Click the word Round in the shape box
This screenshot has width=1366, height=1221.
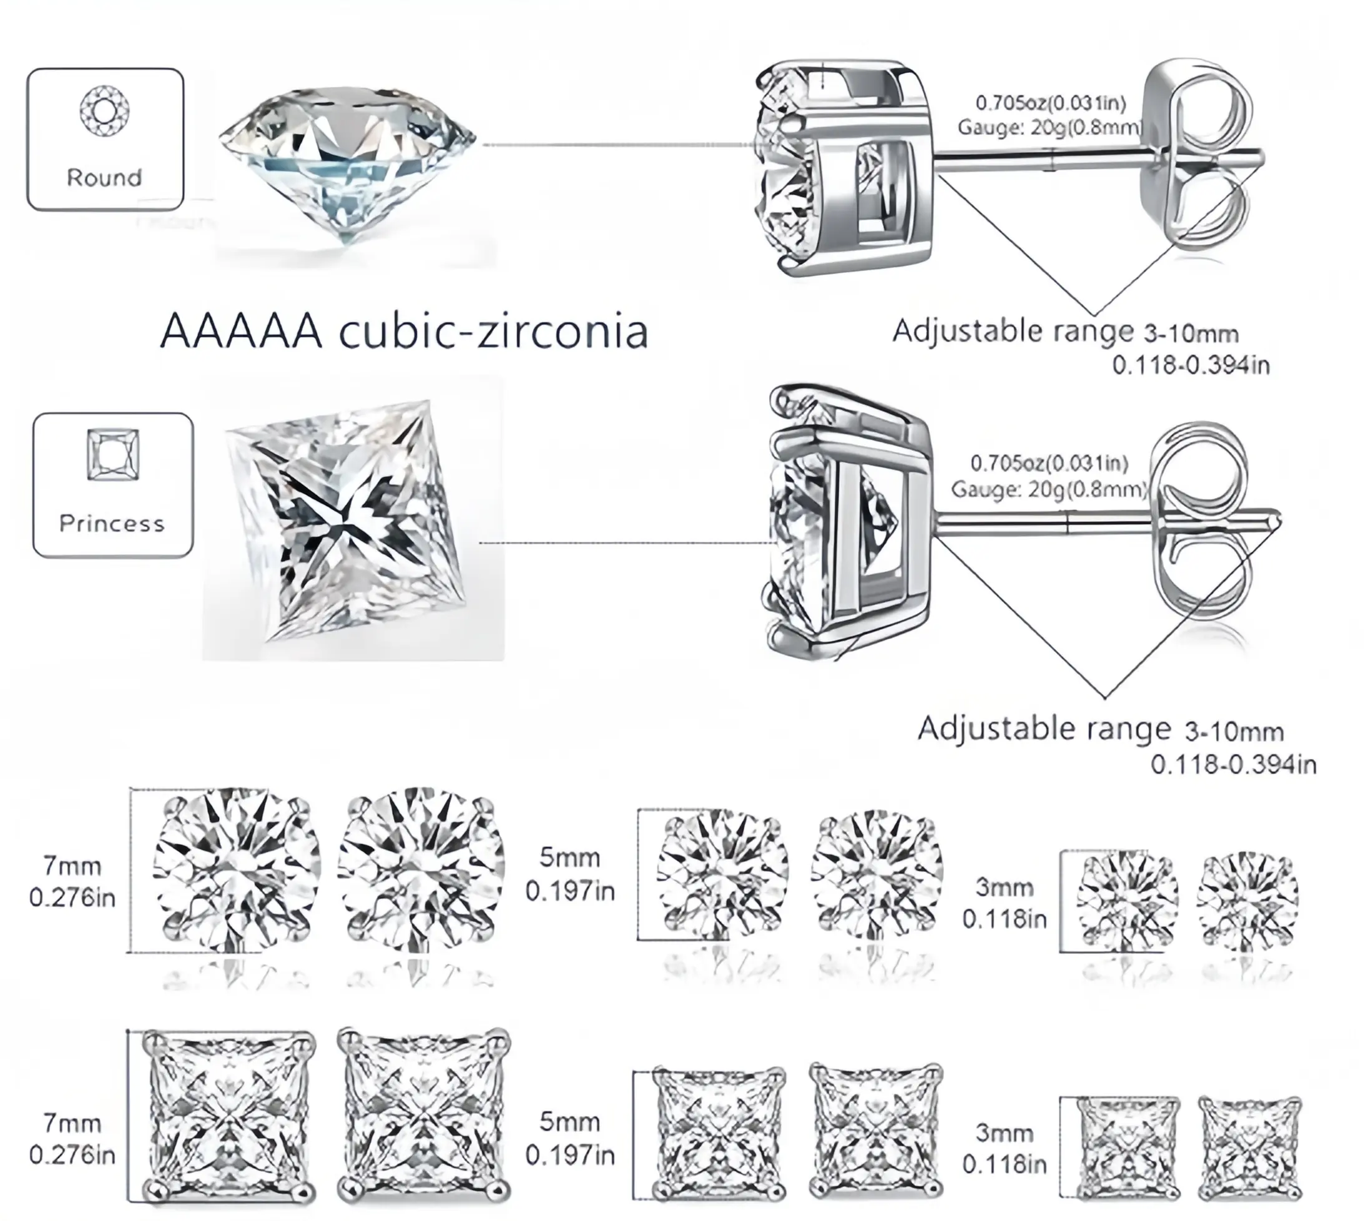click(x=105, y=178)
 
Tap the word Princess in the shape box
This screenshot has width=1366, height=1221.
click(x=112, y=523)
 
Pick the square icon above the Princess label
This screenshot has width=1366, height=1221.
click(x=114, y=455)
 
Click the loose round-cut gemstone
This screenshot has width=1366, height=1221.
click(x=347, y=161)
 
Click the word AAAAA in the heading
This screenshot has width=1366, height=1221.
click(x=242, y=331)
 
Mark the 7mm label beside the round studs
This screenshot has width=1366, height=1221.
click(x=72, y=866)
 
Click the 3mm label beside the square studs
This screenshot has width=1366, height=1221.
click(x=1004, y=1133)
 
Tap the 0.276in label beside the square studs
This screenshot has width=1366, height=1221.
click(x=72, y=1155)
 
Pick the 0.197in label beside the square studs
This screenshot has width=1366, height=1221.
click(x=569, y=1155)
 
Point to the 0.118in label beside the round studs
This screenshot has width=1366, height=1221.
click(x=1005, y=919)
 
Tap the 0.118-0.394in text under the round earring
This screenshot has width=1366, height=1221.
click(x=1191, y=366)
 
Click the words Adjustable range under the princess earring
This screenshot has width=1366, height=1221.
click(x=1043, y=728)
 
